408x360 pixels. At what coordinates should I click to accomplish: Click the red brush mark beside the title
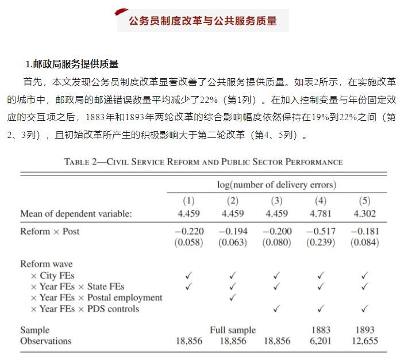click(x=121, y=12)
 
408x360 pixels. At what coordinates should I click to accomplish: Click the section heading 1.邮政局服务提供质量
click(x=72, y=63)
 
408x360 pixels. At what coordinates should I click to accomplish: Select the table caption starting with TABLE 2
click(x=203, y=162)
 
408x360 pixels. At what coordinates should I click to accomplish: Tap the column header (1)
click(x=188, y=201)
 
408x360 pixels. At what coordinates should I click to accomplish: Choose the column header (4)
click(x=321, y=201)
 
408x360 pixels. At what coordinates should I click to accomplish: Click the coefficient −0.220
click(x=188, y=231)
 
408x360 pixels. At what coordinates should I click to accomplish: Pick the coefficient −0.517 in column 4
click(x=321, y=231)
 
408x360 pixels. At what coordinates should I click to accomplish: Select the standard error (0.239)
click(x=321, y=243)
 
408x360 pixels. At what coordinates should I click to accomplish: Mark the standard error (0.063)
click(x=232, y=243)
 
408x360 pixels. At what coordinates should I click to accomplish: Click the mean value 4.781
click(x=321, y=213)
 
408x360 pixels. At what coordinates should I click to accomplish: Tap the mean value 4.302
click(x=364, y=213)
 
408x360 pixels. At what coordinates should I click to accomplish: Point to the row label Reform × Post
click(x=50, y=231)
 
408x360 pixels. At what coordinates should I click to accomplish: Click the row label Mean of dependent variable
click(x=76, y=213)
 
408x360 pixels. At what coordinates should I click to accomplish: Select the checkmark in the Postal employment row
click(x=233, y=298)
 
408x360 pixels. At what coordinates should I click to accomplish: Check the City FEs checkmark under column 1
click(x=188, y=276)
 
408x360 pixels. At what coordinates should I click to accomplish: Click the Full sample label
click(x=233, y=330)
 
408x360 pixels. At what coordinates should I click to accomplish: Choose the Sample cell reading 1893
click(x=364, y=330)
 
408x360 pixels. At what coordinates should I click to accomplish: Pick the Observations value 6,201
click(x=321, y=341)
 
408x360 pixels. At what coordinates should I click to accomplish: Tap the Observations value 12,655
click(x=364, y=341)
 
